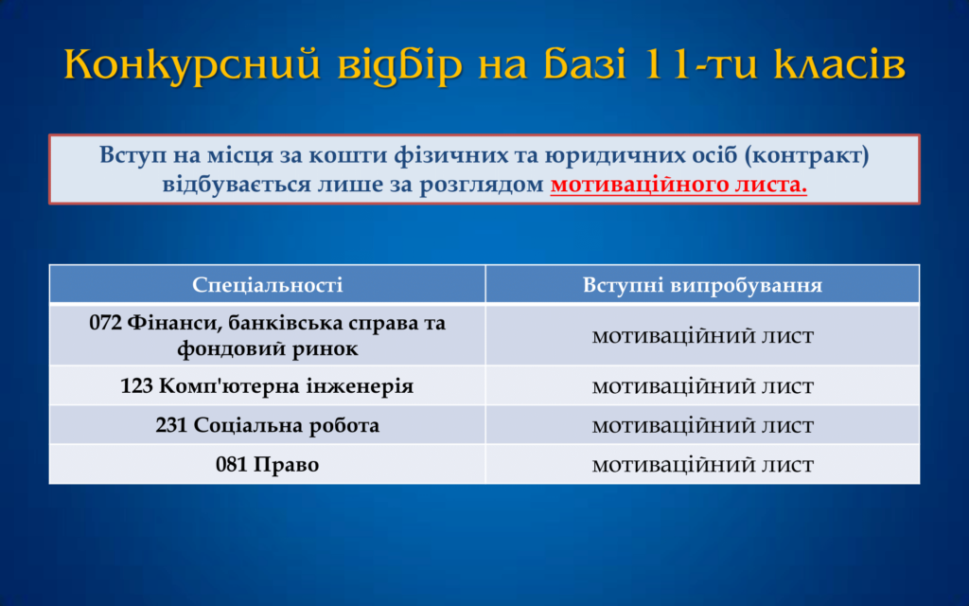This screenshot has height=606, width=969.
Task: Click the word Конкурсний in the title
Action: coord(192,64)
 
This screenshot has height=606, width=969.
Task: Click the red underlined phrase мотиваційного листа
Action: coord(678,185)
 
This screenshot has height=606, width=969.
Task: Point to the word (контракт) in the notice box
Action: coord(806,154)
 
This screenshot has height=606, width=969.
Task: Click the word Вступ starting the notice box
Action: coord(132,155)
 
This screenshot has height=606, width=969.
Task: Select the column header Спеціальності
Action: coord(267,284)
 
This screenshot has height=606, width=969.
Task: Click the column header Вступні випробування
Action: coord(703,284)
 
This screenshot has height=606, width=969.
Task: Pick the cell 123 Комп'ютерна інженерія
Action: coord(267,386)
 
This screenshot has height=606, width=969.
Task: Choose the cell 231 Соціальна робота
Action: coord(267,425)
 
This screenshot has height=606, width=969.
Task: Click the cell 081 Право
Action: coord(267,464)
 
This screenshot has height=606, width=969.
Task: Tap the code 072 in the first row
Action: coord(105,323)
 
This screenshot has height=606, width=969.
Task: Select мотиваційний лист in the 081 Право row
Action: coord(703,464)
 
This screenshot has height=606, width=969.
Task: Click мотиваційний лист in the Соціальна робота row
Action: coord(703,425)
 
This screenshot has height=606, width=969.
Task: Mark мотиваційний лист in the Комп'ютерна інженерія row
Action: coord(703,386)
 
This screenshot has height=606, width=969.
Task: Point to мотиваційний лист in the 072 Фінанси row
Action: coord(703,336)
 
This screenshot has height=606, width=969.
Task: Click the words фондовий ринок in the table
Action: coord(267,348)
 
